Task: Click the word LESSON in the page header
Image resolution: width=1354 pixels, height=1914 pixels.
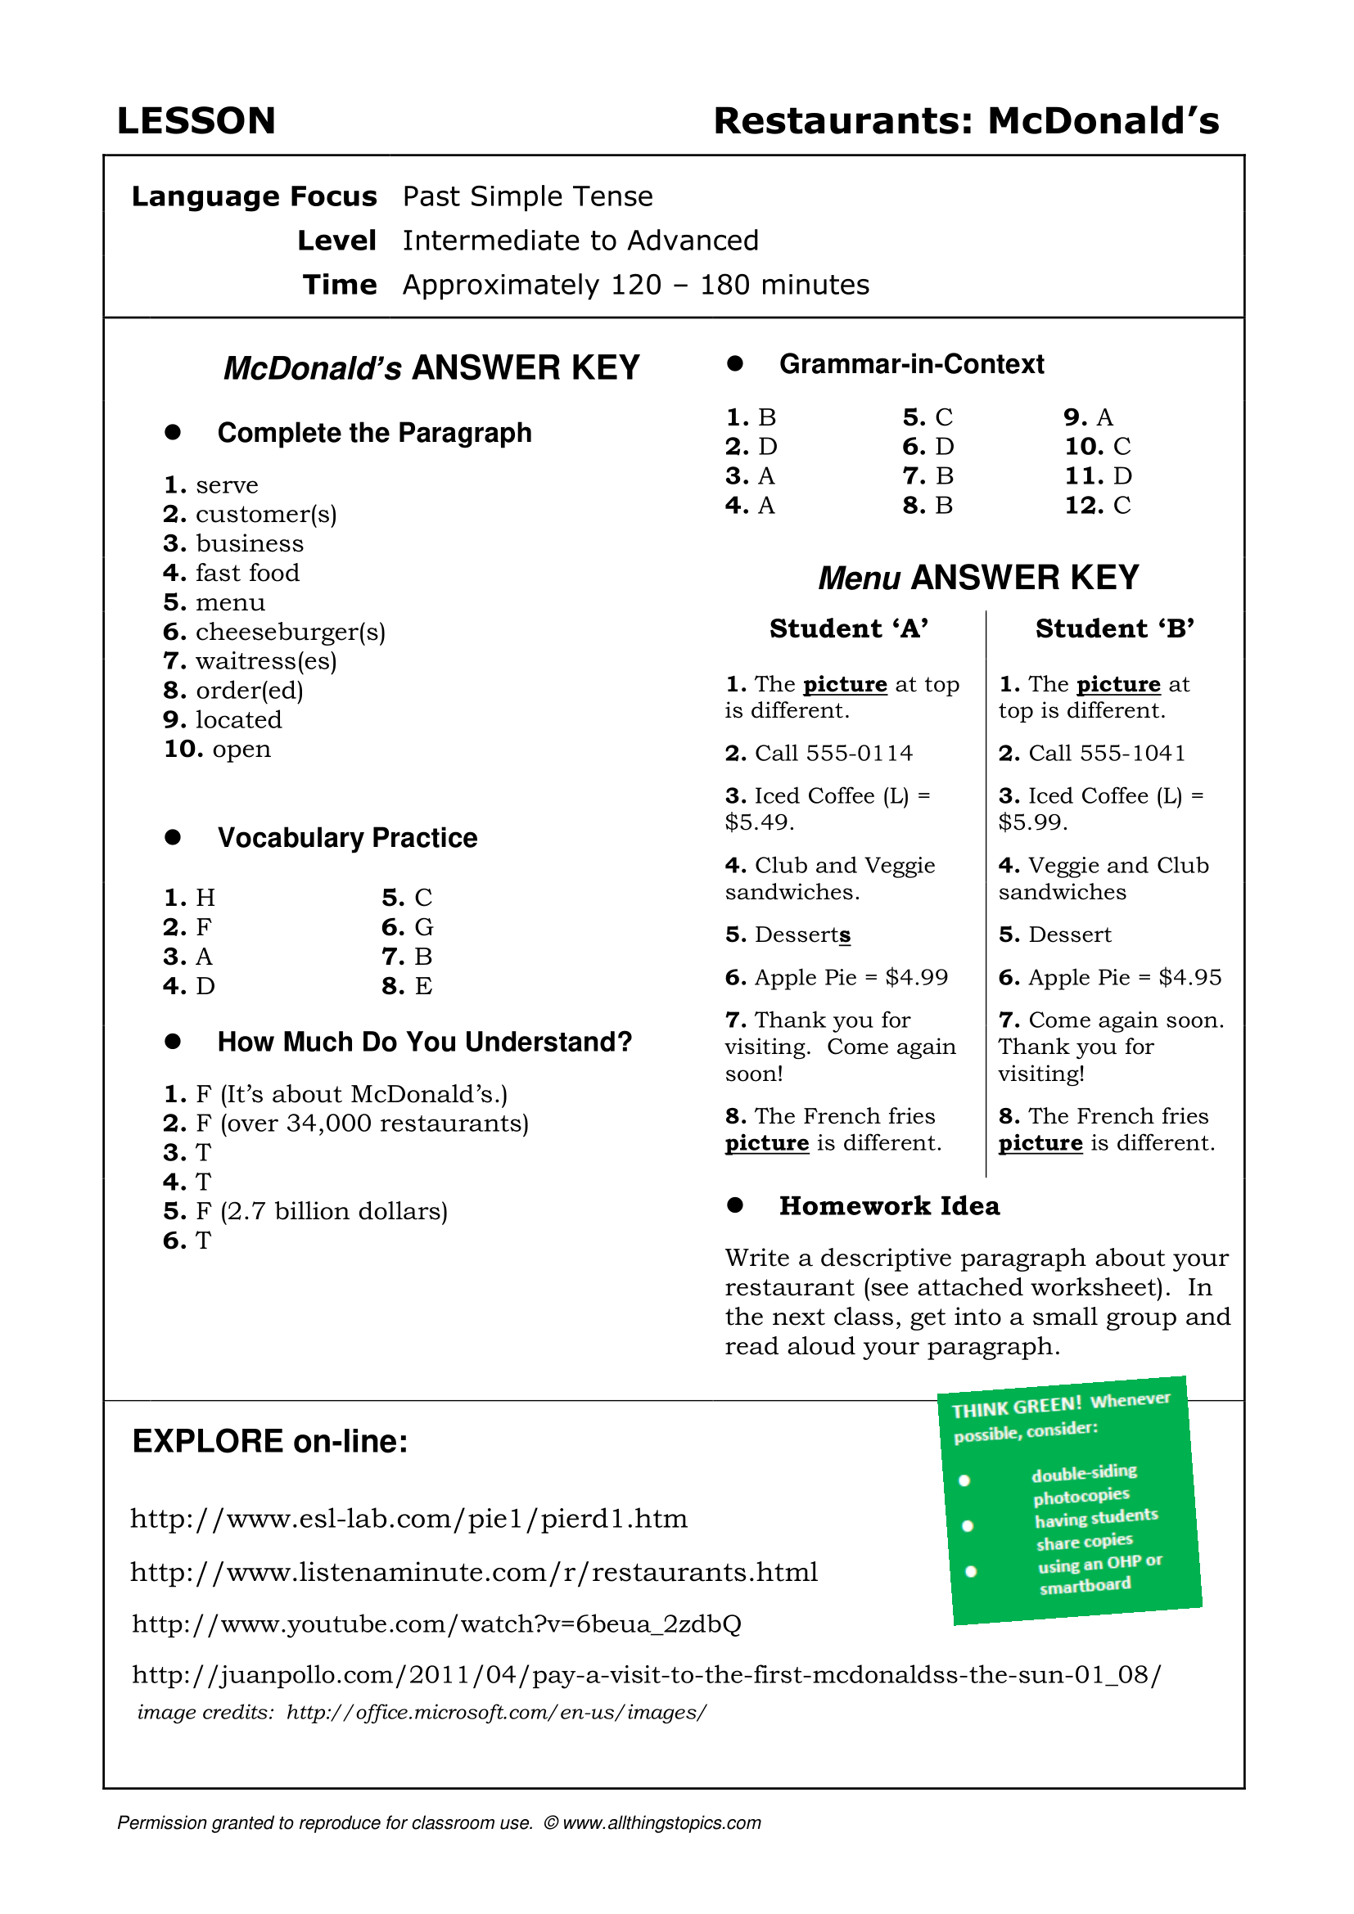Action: tap(196, 122)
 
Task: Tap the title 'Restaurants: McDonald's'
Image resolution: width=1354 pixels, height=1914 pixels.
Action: tap(965, 122)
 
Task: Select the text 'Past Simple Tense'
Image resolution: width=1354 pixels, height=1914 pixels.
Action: tap(527, 196)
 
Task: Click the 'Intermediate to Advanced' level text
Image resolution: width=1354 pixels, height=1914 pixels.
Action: tap(580, 241)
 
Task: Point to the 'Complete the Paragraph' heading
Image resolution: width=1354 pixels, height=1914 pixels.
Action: tap(374, 434)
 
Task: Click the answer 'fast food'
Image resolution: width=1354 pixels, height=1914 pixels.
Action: tap(246, 574)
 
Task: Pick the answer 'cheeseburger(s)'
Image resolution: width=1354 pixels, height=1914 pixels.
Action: tap(290, 632)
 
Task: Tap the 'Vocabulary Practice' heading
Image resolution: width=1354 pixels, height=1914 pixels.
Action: tap(347, 838)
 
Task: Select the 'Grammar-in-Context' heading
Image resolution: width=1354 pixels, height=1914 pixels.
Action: tap(911, 364)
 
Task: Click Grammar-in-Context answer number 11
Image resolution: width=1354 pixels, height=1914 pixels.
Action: tap(1098, 476)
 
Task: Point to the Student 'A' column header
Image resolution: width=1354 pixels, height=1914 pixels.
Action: tap(849, 628)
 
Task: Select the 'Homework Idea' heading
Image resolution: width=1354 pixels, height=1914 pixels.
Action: tap(889, 1206)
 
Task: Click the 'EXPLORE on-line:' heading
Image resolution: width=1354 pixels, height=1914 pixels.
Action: tap(270, 1441)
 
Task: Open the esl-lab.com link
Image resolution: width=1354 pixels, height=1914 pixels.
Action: tap(408, 1519)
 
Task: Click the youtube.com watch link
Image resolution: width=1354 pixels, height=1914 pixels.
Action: tap(436, 1624)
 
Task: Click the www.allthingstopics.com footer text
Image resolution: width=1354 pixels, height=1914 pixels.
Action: tap(662, 1823)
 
